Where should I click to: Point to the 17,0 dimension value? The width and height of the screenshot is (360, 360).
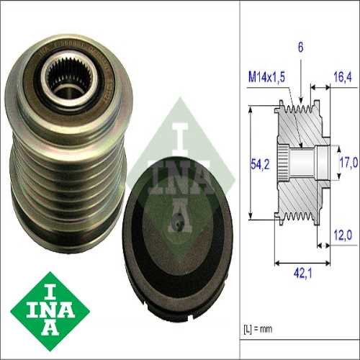pos(348,163)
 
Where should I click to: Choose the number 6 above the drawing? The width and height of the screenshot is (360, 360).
pos(300,48)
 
